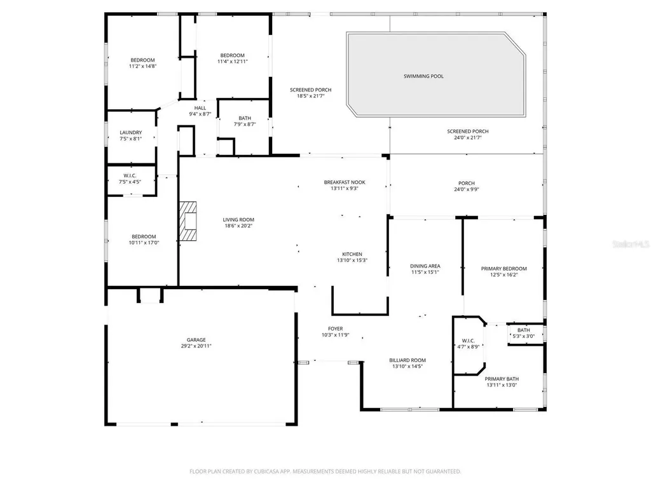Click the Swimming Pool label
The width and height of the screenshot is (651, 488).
pyautogui.click(x=423, y=76)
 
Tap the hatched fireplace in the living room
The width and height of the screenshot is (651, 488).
pyautogui.click(x=188, y=221)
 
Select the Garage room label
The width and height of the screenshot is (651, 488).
pyautogui.click(x=196, y=340)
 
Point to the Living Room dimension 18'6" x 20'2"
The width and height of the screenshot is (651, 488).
pyautogui.click(x=238, y=226)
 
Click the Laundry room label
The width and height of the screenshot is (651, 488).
pyautogui.click(x=131, y=133)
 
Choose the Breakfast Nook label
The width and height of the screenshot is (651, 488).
pyautogui.click(x=345, y=182)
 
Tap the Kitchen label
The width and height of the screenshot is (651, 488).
pyautogui.click(x=352, y=254)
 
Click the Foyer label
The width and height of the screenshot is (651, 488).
pyautogui.click(x=336, y=329)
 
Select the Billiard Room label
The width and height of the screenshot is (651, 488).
pyautogui.click(x=408, y=360)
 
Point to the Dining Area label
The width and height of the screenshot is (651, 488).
pyautogui.click(x=425, y=266)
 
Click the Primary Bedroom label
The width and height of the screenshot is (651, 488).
pyautogui.click(x=504, y=269)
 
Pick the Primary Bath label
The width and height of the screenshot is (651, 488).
pyautogui.click(x=502, y=379)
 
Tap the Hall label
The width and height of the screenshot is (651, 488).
pyautogui.click(x=200, y=108)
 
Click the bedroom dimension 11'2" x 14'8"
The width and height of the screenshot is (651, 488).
pyautogui.click(x=143, y=66)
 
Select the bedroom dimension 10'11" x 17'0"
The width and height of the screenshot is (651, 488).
pyautogui.click(x=144, y=243)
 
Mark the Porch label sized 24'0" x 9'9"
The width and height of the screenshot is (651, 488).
pyautogui.click(x=467, y=183)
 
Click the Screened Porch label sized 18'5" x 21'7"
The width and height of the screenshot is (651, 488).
pyautogui.click(x=310, y=90)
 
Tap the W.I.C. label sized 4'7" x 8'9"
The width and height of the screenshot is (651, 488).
pyautogui.click(x=469, y=341)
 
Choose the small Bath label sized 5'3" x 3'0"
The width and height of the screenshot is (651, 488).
pyautogui.click(x=524, y=330)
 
